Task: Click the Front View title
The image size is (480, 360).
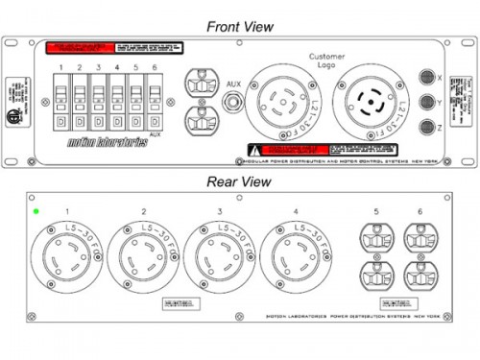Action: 240,26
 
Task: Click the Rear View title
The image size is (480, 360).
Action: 240,180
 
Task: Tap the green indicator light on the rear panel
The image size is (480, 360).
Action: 36,211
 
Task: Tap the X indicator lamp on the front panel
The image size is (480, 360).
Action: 428,76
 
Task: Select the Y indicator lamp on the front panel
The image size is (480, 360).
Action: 428,101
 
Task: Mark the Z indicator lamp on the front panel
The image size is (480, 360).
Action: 428,127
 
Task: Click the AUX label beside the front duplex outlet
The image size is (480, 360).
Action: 233,84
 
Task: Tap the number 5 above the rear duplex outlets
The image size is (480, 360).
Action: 377,210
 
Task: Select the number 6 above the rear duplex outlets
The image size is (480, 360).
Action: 420,210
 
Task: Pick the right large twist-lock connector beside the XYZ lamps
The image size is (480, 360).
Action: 369,102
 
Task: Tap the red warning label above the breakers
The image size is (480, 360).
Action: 80,46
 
